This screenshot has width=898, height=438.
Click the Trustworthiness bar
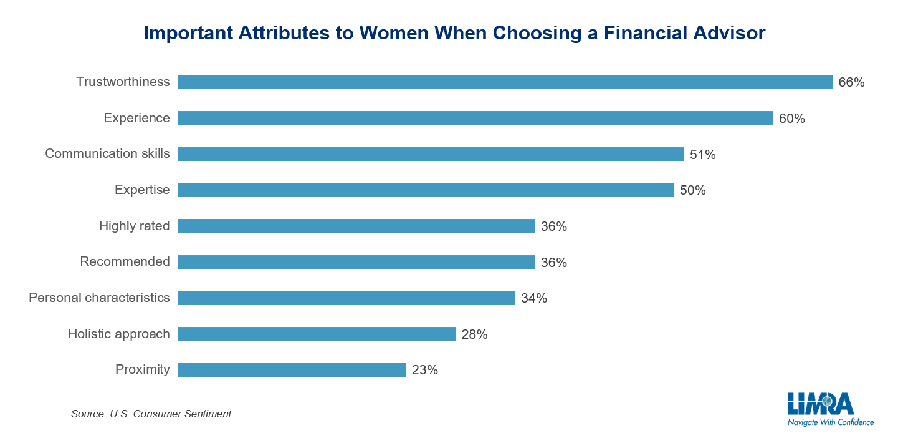click(505, 82)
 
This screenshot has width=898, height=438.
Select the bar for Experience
click(475, 119)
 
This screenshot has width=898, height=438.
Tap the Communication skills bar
click(431, 154)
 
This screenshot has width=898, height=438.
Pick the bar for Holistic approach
click(317, 334)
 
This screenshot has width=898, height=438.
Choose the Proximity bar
click(292, 370)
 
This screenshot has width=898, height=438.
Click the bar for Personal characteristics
click(346, 298)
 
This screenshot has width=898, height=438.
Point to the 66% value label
click(851, 82)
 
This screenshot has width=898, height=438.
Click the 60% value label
click(791, 119)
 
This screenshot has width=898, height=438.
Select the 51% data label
click(702, 155)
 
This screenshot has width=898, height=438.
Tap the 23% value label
click(424, 370)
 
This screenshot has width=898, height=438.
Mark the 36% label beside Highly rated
click(553, 226)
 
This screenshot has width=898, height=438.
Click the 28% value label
click(474, 334)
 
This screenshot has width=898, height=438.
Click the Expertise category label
click(142, 190)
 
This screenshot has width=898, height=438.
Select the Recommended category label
click(125, 262)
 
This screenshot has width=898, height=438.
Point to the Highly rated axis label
click(134, 226)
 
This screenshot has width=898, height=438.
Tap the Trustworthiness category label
click(123, 82)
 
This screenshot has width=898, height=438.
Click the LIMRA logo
click(820, 404)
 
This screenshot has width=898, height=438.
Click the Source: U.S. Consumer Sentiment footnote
click(151, 414)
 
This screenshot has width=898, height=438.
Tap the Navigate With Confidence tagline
click(830, 422)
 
